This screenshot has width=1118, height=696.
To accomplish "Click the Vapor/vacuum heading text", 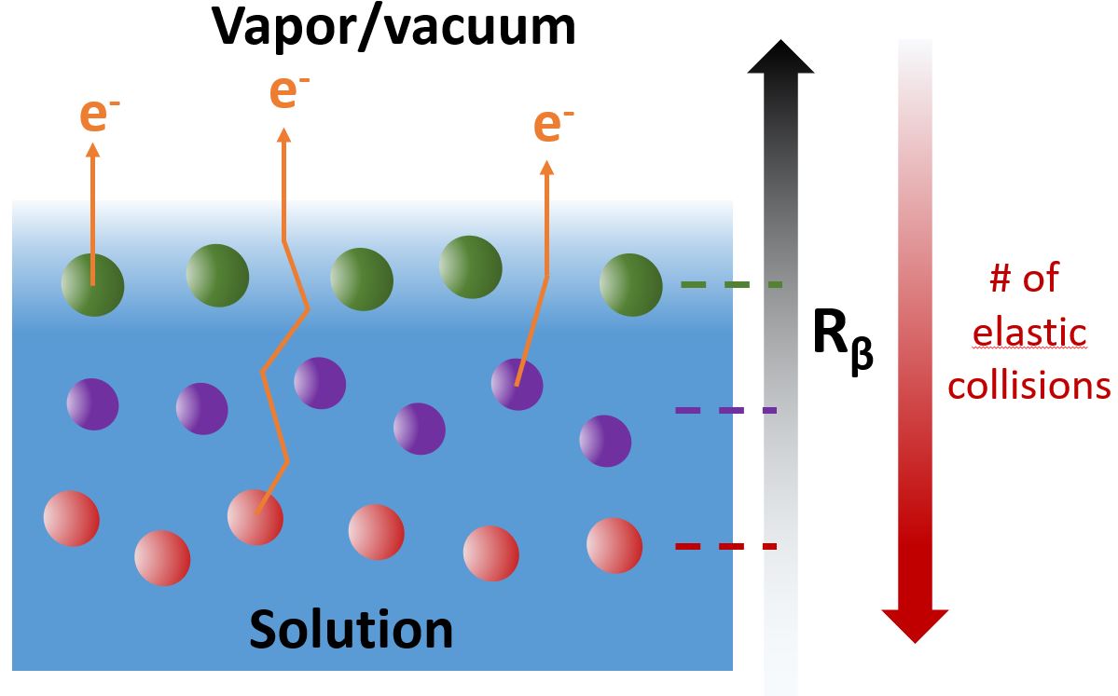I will click(x=393, y=26).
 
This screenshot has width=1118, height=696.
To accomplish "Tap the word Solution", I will click(x=351, y=630).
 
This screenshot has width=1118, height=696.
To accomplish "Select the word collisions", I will click(x=1028, y=384).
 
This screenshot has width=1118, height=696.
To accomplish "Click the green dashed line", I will click(x=731, y=284).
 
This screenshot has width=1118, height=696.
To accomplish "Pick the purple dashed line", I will click(x=725, y=410).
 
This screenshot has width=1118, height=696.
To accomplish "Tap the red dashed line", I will click(x=725, y=546).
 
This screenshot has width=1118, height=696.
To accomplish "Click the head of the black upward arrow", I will click(x=780, y=58).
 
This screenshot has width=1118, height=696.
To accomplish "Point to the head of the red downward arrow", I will click(x=915, y=624).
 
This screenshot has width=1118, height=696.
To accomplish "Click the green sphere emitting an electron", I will click(x=92, y=284).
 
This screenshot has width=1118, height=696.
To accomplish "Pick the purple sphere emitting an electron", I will click(x=517, y=383).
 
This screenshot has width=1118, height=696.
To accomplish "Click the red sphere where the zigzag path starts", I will click(x=255, y=516).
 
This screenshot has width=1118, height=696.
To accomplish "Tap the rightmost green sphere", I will click(x=630, y=284).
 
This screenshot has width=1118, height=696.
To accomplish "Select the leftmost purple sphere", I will click(x=92, y=404).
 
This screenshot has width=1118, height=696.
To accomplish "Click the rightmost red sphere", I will click(x=614, y=545).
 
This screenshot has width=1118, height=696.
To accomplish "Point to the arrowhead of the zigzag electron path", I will click(x=284, y=135).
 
